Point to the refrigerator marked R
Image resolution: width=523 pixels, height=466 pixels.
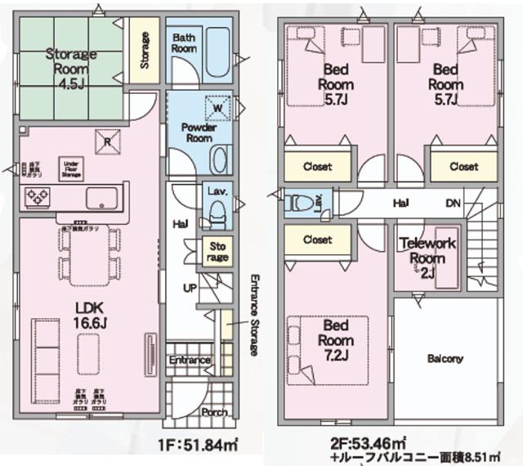pos(108,140)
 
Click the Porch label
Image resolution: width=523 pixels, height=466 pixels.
pos(214,412)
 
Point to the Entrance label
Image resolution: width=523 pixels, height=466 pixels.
pos(190,361)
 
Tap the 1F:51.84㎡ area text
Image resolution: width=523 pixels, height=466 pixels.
pos(200,446)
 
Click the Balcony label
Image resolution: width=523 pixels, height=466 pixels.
pos(445,358)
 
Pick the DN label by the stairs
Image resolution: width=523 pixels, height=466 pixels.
pos(454,204)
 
